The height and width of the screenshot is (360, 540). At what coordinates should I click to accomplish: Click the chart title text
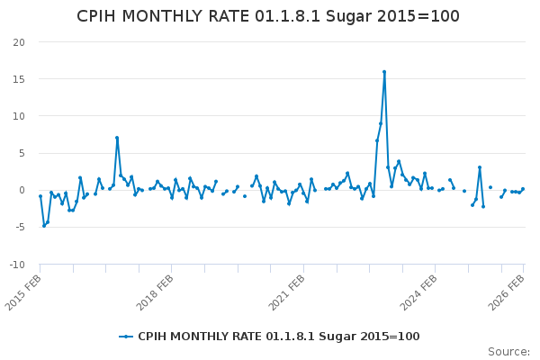[268, 16]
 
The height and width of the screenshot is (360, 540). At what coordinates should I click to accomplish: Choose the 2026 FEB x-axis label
[508, 292]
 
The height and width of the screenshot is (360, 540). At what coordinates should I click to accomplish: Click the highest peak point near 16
[384, 72]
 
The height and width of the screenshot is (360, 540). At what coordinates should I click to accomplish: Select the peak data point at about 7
[117, 138]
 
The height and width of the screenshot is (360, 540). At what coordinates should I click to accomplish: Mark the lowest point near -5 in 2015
[44, 225]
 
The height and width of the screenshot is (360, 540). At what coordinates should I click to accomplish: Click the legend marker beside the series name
[126, 337]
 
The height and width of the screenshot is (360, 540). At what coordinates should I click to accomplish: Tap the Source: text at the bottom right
[508, 352]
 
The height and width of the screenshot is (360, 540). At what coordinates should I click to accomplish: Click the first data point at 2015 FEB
[40, 196]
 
